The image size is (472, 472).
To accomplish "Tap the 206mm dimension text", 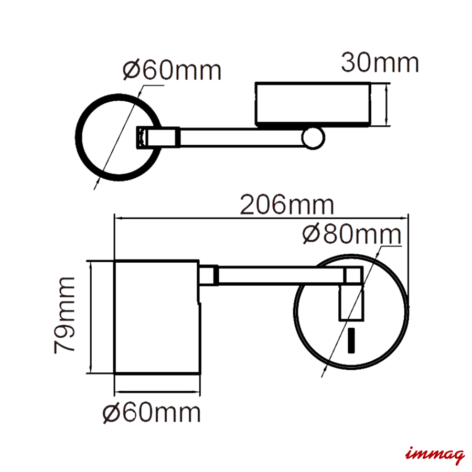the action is (287, 205).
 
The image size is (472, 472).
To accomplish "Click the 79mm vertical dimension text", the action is (64, 315).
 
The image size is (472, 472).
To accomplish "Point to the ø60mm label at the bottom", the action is (152, 413).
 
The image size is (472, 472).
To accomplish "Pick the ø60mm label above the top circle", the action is (172, 70).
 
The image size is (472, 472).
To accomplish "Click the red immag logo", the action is (435, 454).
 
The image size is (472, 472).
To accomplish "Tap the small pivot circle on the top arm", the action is (313, 138).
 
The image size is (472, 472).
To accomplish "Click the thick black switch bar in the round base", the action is (351, 340).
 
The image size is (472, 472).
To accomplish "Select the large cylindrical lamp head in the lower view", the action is (156, 317).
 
